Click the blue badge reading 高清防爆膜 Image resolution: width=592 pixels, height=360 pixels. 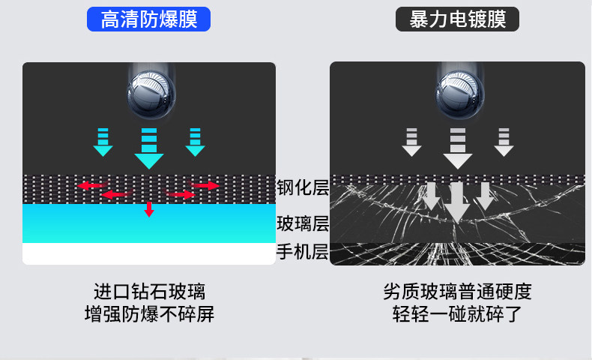[x=149, y=19]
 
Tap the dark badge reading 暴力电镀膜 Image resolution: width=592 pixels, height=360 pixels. [x=457, y=19]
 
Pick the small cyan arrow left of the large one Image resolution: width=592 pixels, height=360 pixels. [x=103, y=142]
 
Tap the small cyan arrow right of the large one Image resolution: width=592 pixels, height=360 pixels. [x=196, y=142]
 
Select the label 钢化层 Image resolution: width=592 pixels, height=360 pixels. [x=303, y=187]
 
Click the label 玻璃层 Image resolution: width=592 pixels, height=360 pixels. [x=303, y=223]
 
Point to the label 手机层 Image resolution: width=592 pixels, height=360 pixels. [x=303, y=252]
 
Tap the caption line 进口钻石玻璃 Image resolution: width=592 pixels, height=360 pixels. [x=149, y=291]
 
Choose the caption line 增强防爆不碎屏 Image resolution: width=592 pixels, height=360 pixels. [x=149, y=313]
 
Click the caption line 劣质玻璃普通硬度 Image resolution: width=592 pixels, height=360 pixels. [x=457, y=291]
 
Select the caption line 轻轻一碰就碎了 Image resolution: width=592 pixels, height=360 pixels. [x=457, y=313]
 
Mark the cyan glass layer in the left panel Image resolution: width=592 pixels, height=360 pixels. [x=149, y=223]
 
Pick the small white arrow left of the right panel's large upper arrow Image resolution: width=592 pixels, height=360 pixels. [x=411, y=142]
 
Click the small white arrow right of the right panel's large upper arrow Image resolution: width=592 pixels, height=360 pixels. [x=504, y=142]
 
